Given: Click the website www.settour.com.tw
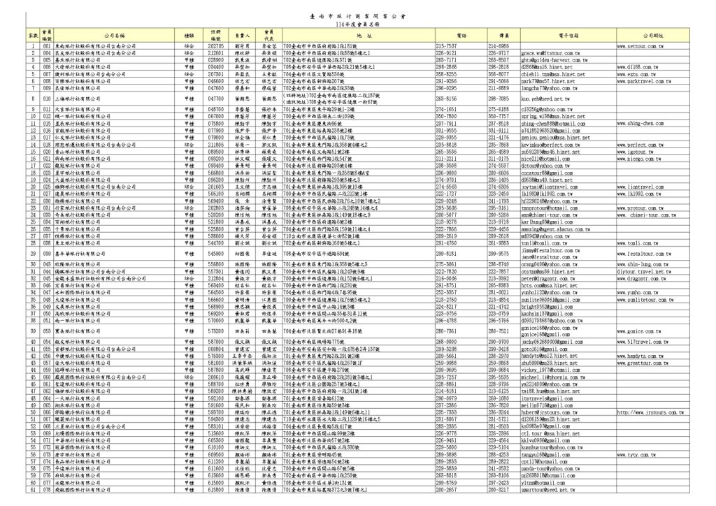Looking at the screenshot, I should [x=640, y=46].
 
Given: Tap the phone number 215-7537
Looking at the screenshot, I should [x=447, y=46].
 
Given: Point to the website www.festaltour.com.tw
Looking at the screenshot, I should [x=645, y=253].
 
